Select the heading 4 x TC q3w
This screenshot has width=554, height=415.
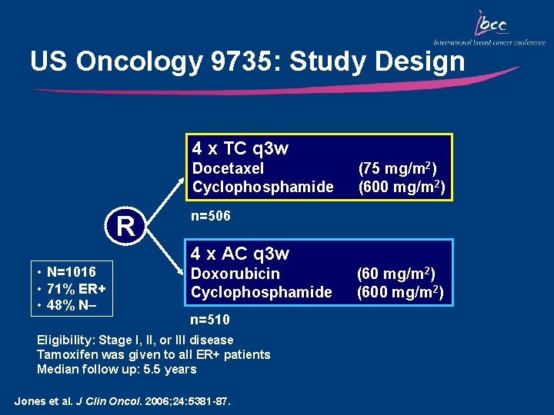(x=240, y=148)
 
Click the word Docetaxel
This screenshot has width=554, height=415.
(x=228, y=168)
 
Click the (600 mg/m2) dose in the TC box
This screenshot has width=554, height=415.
(x=401, y=187)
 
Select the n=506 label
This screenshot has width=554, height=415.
(x=210, y=217)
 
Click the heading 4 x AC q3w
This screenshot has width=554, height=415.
(x=240, y=254)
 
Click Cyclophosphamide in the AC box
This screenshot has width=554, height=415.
(x=262, y=292)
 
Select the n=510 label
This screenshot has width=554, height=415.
(x=209, y=319)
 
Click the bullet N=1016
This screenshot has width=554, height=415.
(x=70, y=271)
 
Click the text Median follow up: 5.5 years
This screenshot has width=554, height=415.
(x=117, y=369)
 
